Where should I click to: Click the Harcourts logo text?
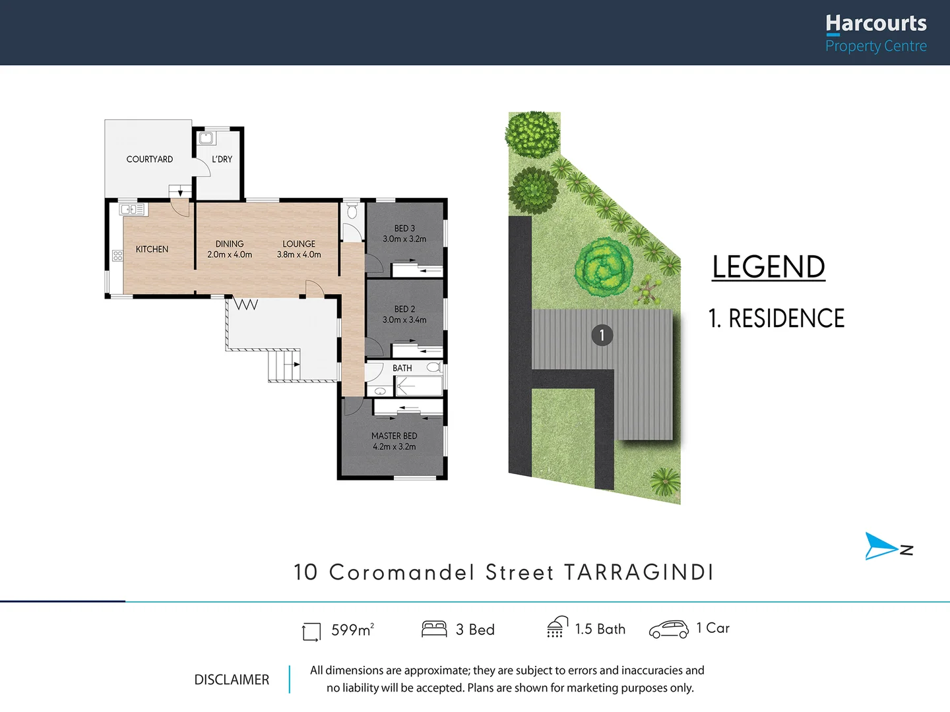coord(875,24)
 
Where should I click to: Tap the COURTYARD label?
coord(150,160)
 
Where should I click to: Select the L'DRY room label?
coord(222,160)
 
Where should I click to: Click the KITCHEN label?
coord(152,249)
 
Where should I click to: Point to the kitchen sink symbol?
coord(133,210)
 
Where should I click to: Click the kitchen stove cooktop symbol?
coord(117,256)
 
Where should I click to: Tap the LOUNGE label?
coord(299,244)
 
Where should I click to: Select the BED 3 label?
coord(404,229)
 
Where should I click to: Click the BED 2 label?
coord(404,309)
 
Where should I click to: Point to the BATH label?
coord(402,369)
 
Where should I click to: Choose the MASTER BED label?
coord(394,436)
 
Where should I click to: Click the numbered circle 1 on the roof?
coord(602,335)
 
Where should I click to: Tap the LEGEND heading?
coord(769,267)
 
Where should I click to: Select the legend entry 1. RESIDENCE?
coord(776,318)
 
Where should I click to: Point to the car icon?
coord(669,629)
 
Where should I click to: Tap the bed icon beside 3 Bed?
coord(434,629)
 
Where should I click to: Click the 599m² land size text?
coord(352,630)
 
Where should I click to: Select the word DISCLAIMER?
coord(232,680)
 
